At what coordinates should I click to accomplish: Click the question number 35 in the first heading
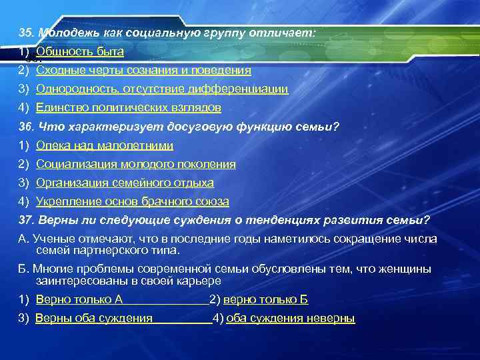(26, 33)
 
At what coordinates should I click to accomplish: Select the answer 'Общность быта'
(80, 51)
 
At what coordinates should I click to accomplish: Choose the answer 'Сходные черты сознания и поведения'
(143, 70)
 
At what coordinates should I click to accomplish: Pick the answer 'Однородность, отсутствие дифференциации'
(162, 89)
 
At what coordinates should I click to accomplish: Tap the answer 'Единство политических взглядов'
(129, 107)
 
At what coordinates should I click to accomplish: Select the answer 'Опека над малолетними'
(105, 145)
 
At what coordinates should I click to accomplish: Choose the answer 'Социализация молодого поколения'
(136, 164)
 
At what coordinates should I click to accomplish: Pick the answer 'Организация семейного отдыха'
(125, 183)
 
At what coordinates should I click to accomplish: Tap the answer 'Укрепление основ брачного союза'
(133, 201)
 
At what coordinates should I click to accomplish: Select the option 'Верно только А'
(79, 300)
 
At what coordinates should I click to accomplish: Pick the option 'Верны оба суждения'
(94, 319)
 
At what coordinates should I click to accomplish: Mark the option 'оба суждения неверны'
(291, 319)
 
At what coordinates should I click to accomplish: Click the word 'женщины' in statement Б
(410, 269)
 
